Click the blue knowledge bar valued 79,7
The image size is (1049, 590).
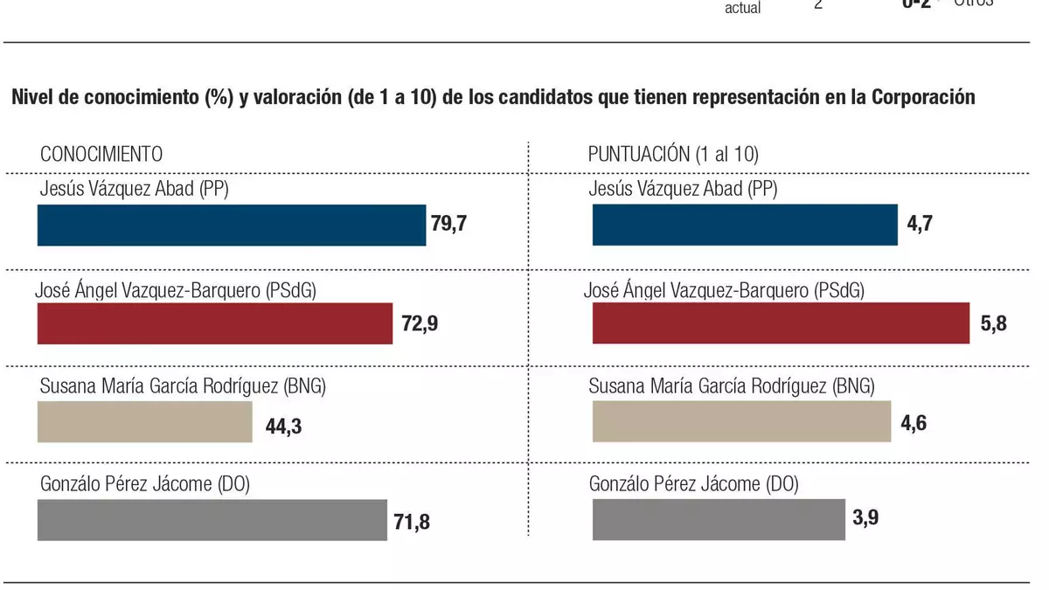coord(231,225)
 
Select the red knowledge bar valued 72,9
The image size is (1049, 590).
coord(215,323)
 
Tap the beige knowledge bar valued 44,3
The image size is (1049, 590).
coord(144,423)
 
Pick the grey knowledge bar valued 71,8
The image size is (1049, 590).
coord(212,520)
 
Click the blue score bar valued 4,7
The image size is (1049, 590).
coord(745,225)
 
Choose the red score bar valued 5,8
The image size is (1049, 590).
coord(781,323)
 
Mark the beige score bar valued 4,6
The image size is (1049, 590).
coord(741,423)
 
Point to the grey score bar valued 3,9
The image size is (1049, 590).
coord(719,520)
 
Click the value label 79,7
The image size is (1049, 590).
coord(449,224)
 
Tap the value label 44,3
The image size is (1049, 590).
coord(283,426)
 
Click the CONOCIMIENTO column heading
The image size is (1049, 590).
coord(101,154)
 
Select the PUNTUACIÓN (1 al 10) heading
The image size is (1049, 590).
coord(673,155)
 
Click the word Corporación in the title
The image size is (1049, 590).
coord(923,98)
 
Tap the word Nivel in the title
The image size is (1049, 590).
coord(32,98)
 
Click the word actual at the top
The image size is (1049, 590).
coord(742,9)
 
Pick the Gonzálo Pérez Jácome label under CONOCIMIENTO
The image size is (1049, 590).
coord(145,483)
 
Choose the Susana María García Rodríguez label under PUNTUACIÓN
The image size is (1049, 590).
coord(732,385)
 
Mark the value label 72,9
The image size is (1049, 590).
coord(420,325)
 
